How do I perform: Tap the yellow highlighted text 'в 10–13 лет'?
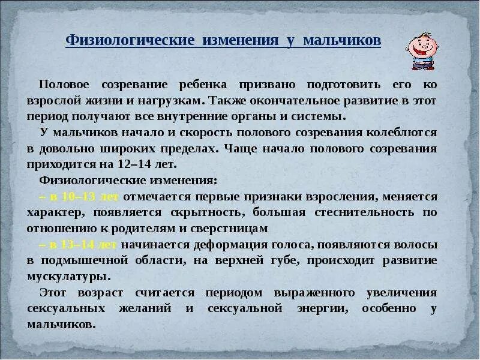pyautogui.click(x=80, y=197)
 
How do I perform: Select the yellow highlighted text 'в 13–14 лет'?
pyautogui.click(x=80, y=245)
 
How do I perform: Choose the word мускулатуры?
pyautogui.click(x=68, y=277)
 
